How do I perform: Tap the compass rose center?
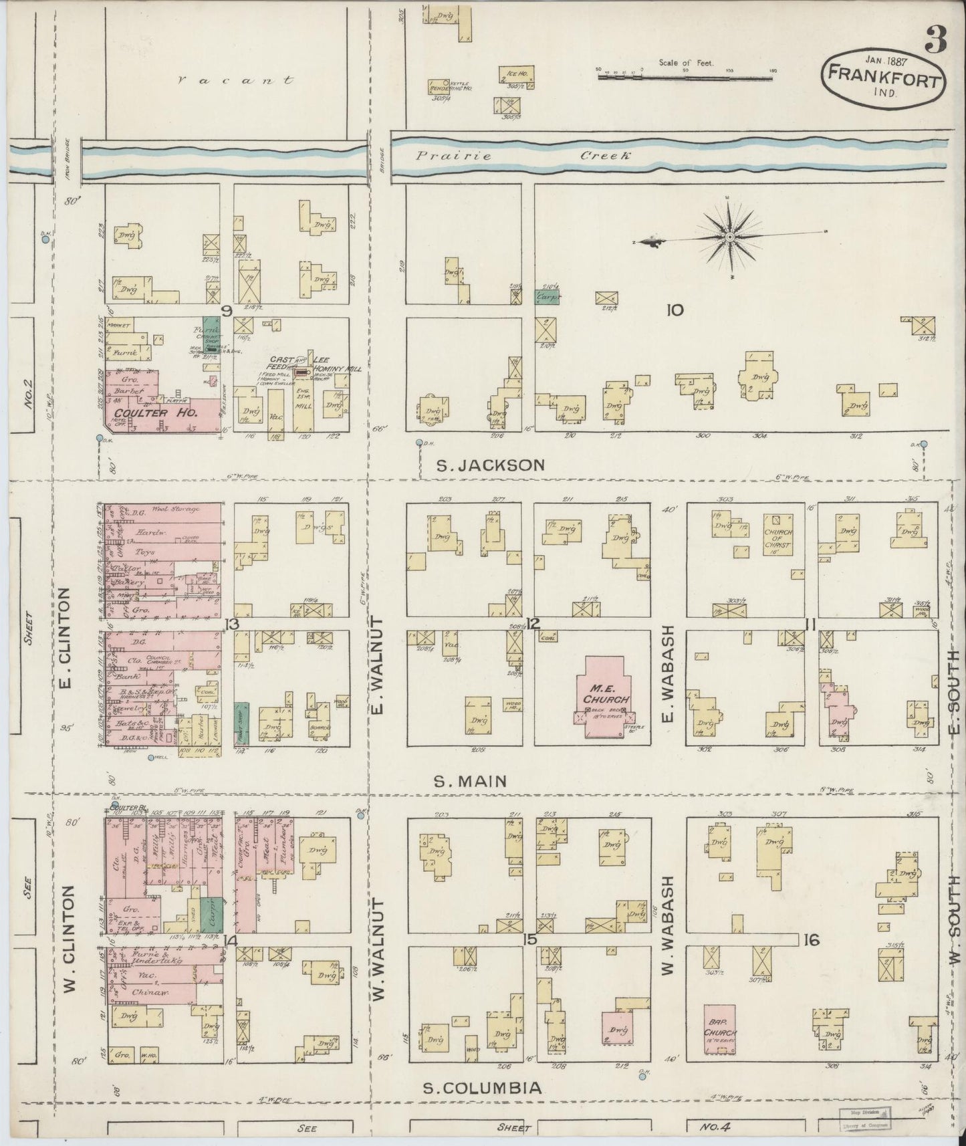[x=730, y=237]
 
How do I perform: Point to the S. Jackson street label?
[x=491, y=465]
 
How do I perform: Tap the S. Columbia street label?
[x=482, y=1088]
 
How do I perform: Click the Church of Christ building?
[x=777, y=536]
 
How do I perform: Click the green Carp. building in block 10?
[x=547, y=297]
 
